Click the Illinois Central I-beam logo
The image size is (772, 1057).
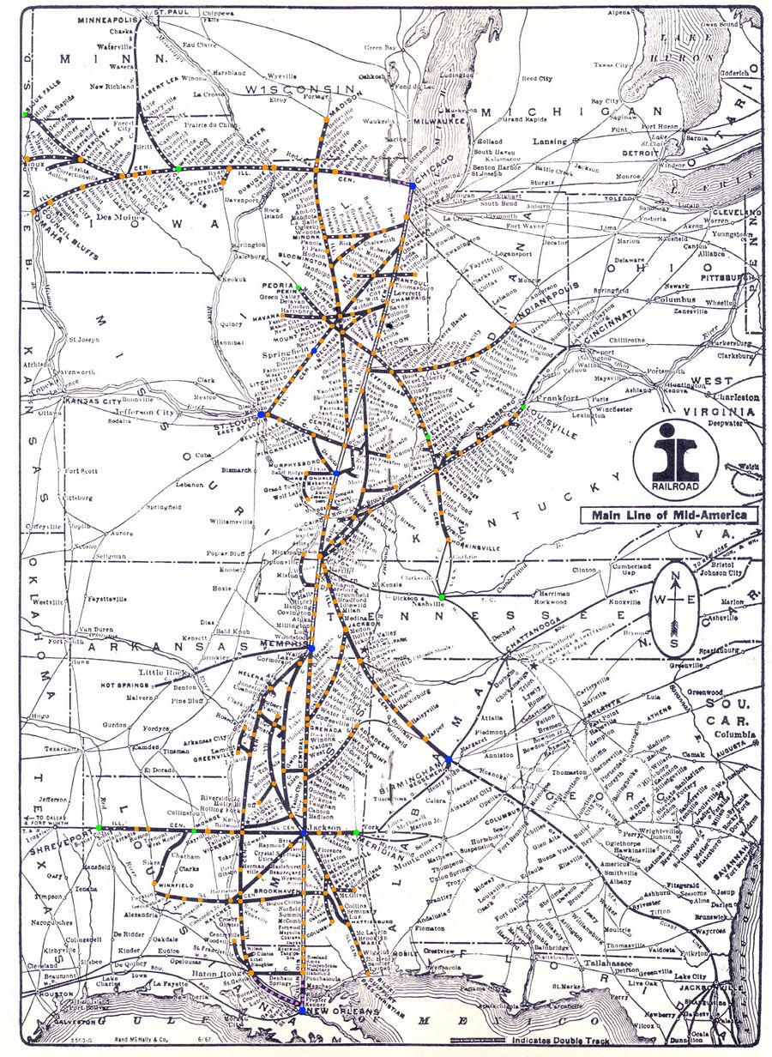pyautogui.click(x=676, y=449)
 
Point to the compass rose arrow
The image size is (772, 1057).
pyautogui.click(x=676, y=613)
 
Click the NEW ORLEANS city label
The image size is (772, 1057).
pyautogui.click(x=342, y=1013)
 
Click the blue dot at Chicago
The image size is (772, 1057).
pyautogui.click(x=413, y=185)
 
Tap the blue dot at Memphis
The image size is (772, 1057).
pyautogui.click(x=311, y=648)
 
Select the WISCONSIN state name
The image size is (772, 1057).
pyautogui.click(x=298, y=89)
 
